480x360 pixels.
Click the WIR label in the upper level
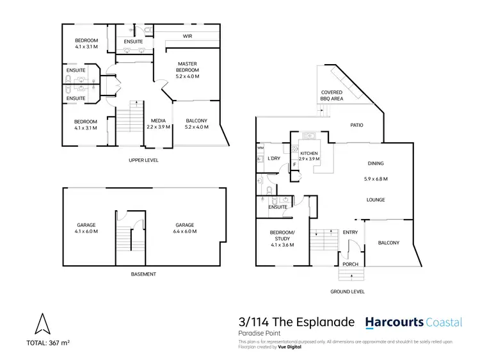coord(188,37)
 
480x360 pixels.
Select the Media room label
coord(158,124)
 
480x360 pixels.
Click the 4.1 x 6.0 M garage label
coord(86,229)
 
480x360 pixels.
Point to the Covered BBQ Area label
coord(332,96)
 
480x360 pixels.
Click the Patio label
coord(356,125)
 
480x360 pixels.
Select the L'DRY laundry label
coord(275,158)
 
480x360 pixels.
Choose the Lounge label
coord(376,200)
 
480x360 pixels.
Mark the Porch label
coord(350,263)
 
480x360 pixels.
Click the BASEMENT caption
coord(143,274)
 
